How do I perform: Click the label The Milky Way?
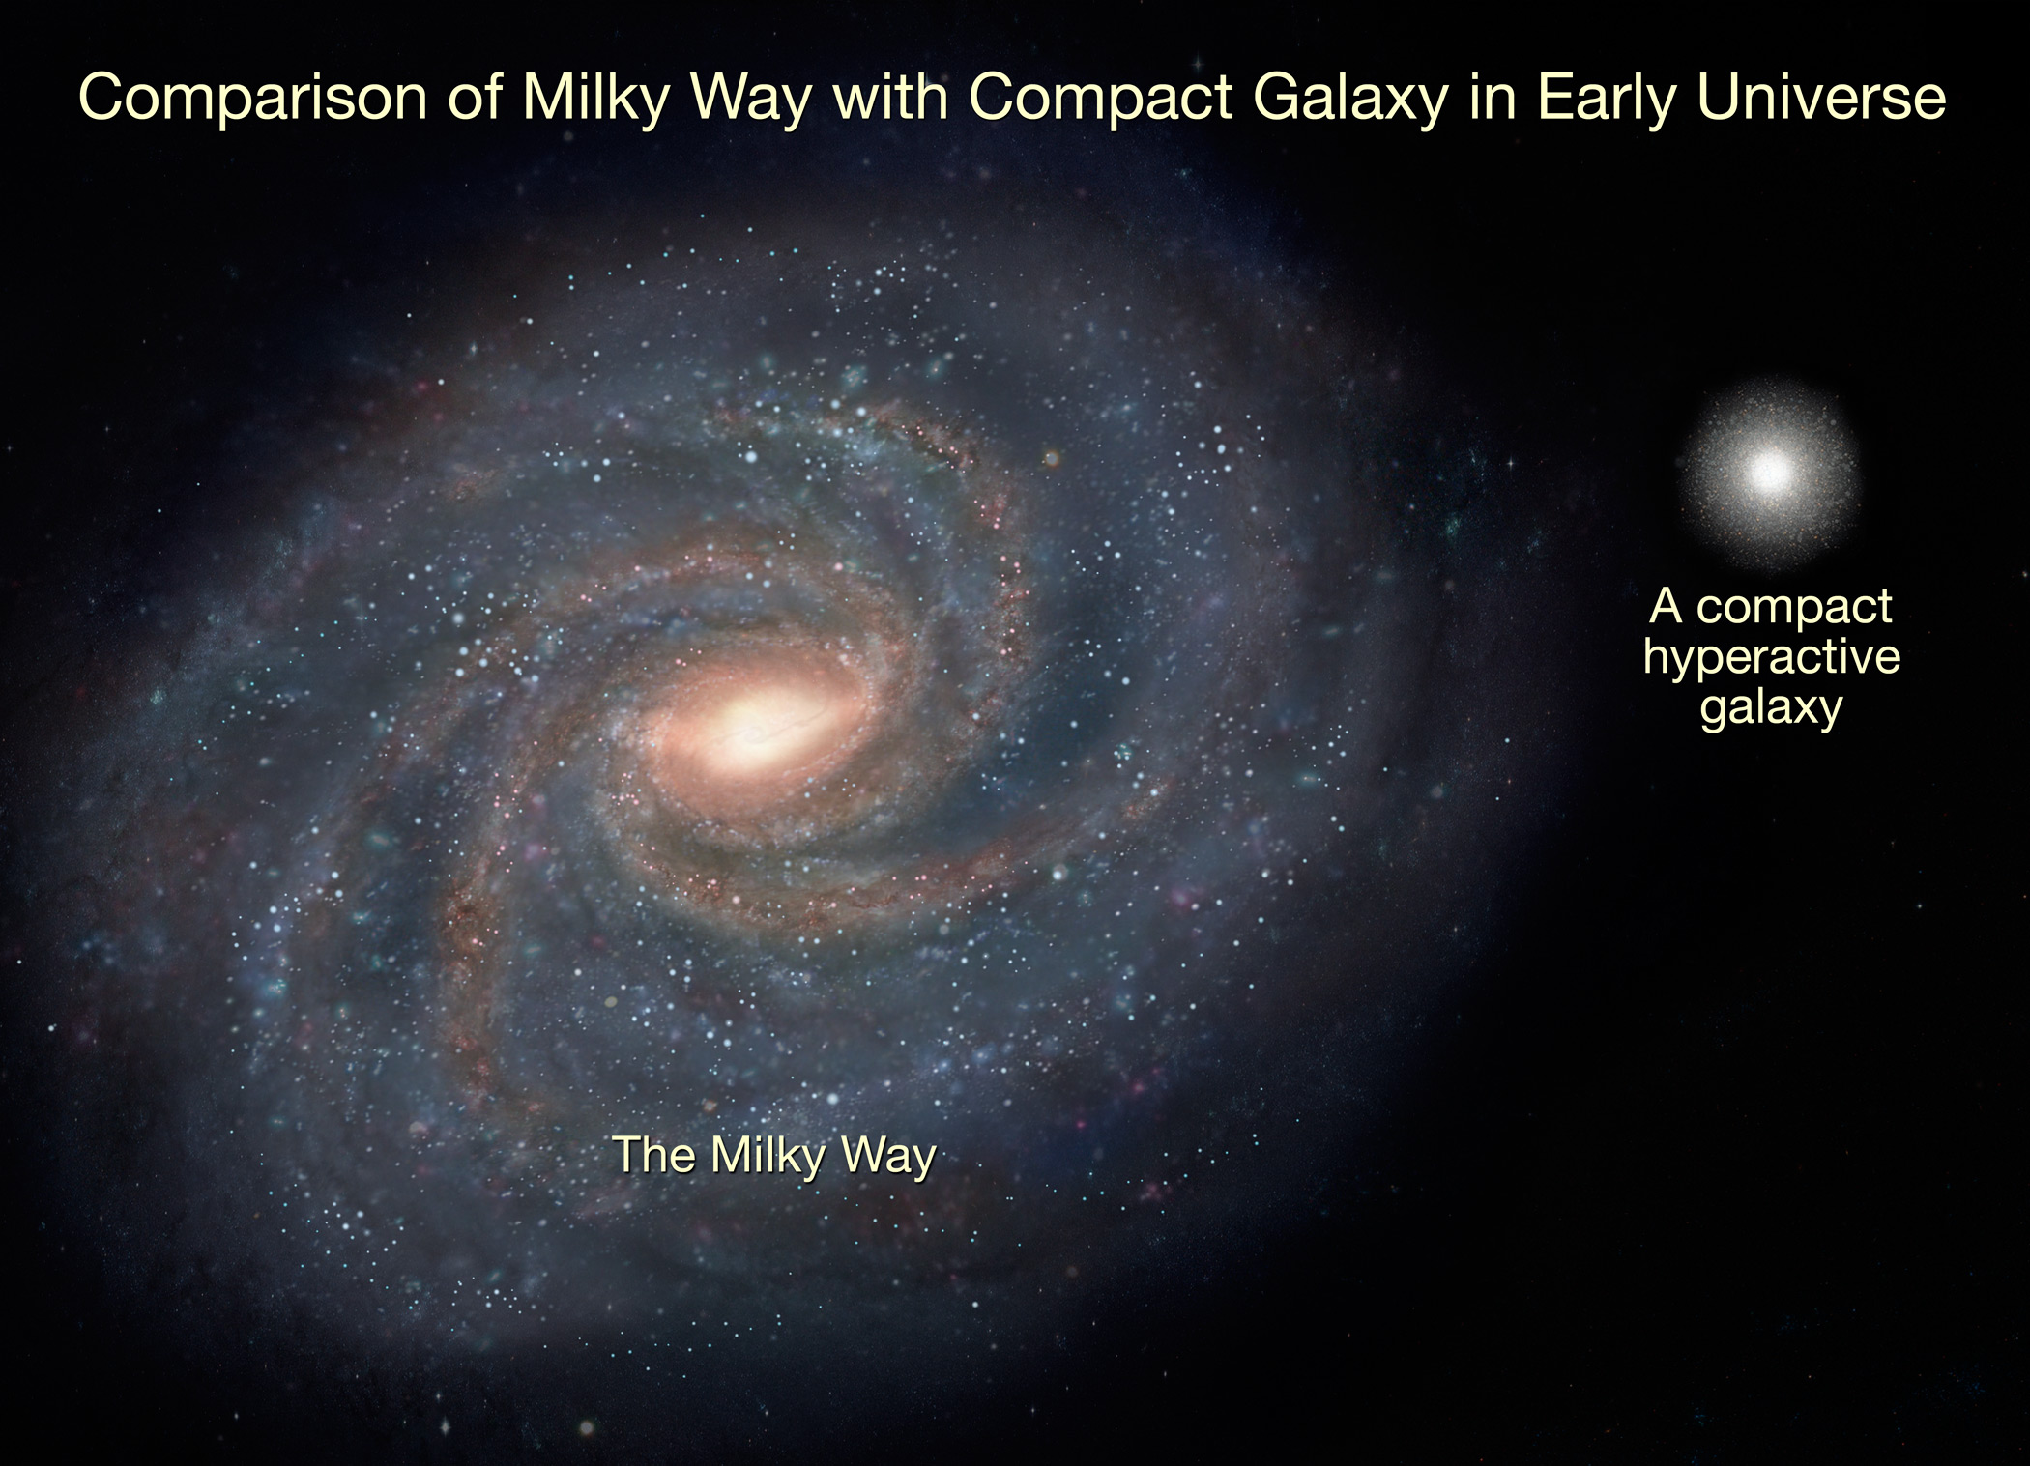[775, 1155]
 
